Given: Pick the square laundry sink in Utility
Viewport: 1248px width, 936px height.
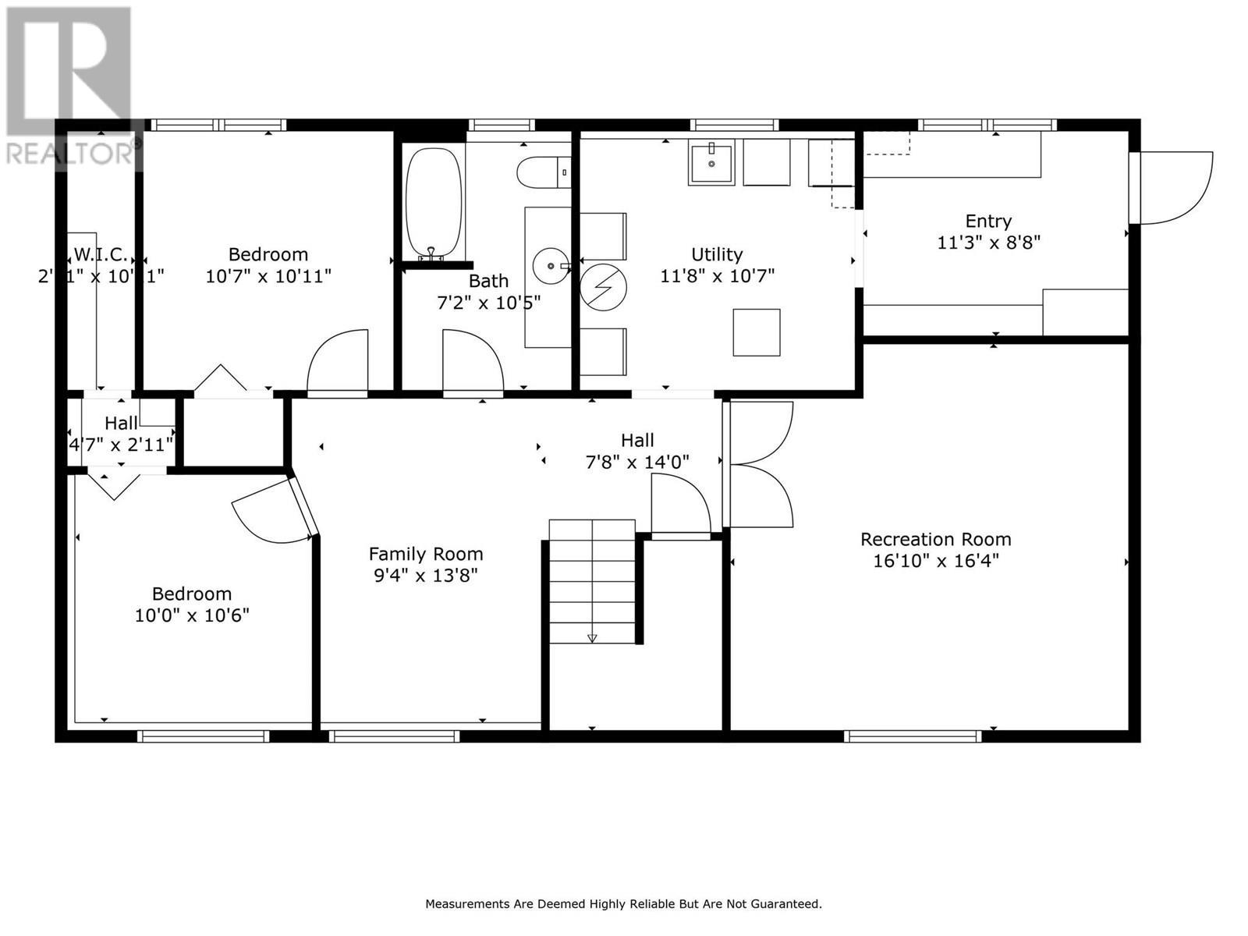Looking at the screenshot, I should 711,163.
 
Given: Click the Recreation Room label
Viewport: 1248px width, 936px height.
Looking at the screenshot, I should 935,539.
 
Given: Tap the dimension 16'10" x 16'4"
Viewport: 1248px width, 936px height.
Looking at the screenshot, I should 935,561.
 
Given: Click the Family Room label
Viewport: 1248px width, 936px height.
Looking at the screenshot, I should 426,554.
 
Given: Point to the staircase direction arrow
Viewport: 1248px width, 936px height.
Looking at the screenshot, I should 592,638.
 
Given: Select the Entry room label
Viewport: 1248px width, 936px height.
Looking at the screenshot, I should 988,221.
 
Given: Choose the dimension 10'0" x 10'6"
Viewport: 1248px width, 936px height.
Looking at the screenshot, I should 192,615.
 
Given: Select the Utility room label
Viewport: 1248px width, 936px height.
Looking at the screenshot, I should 717,254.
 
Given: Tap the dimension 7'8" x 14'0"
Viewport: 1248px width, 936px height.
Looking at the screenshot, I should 637,462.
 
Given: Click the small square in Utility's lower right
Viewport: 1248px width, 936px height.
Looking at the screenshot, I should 756,332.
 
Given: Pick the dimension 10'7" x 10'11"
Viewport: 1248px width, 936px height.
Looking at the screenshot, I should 268,276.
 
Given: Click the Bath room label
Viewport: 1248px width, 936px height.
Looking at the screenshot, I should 488,281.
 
